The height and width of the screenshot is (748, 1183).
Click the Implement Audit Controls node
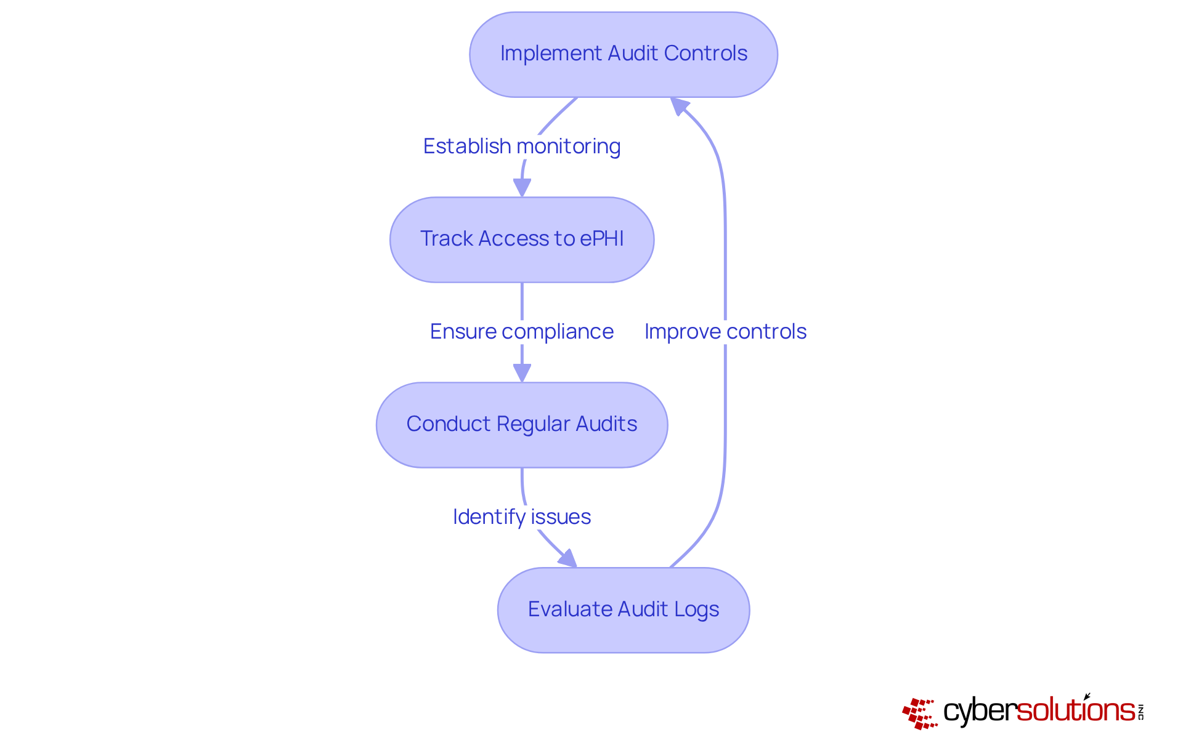(623, 54)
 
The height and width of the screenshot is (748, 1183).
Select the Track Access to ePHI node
(522, 239)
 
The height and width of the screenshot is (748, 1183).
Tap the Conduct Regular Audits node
(522, 425)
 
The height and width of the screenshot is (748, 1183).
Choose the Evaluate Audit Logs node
(623, 609)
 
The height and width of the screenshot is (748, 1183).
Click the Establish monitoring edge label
(522, 147)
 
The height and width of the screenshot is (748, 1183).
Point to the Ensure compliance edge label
(522, 332)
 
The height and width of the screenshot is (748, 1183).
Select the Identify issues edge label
(522, 517)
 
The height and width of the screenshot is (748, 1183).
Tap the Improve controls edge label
(725, 332)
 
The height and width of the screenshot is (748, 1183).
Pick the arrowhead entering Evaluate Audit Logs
(568, 559)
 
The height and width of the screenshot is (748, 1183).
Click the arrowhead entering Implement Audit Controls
(678, 106)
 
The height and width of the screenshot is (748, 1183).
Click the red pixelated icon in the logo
(919, 714)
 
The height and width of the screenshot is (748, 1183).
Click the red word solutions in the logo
(1075, 710)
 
